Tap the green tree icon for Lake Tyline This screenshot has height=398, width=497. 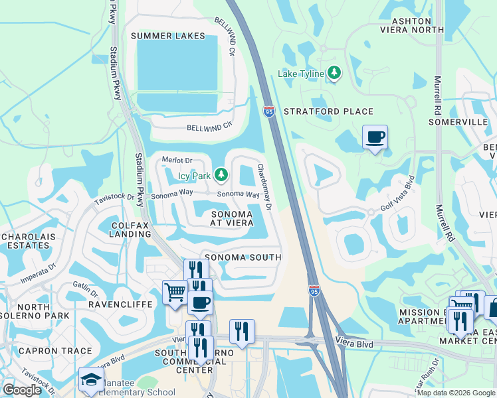(x=335, y=73)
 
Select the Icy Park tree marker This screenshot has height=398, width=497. (x=221, y=176)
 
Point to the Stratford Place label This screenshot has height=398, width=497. (x=328, y=111)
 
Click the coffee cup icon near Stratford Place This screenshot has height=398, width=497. (x=375, y=137)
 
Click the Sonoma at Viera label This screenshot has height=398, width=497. (x=232, y=218)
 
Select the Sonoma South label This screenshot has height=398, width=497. (x=243, y=257)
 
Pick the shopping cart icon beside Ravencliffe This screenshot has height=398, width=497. (x=175, y=293)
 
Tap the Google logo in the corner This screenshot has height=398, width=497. (x=21, y=390)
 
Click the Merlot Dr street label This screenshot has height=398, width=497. (x=177, y=160)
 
